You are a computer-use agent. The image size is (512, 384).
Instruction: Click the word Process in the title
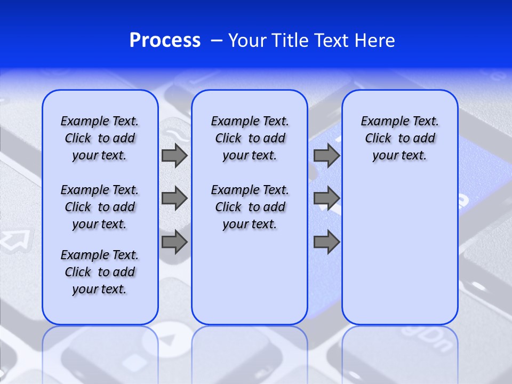[x=165, y=41]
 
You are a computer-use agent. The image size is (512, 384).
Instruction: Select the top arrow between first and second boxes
[x=174, y=156]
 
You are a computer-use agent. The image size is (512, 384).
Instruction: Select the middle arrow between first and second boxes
[x=174, y=198]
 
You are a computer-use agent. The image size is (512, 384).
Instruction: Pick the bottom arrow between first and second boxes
[x=174, y=242]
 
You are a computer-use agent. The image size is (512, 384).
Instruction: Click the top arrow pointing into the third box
[x=326, y=156]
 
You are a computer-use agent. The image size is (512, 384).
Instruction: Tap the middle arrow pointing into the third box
[x=326, y=198]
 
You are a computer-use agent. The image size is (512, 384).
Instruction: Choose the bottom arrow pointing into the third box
[x=326, y=242]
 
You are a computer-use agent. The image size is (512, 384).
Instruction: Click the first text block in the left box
[x=100, y=138]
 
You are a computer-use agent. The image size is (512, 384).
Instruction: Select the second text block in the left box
[x=100, y=207]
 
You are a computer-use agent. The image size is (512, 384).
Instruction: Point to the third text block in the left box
[x=100, y=272]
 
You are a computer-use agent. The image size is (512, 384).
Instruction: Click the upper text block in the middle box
[x=250, y=138]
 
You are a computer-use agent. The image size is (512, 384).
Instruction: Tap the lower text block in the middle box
[x=250, y=207]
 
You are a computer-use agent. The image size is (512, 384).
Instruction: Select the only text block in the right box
[x=399, y=138]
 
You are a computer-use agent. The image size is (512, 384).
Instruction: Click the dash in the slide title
[x=217, y=41]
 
